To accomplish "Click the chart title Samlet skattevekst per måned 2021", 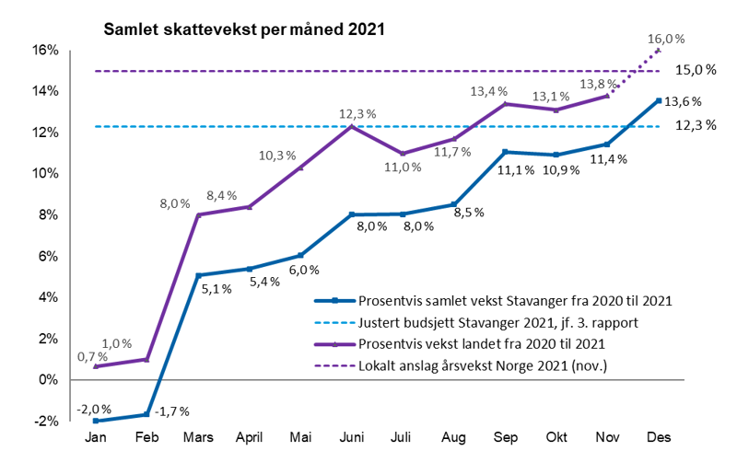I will (243, 29).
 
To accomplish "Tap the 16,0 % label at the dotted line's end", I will (667, 39).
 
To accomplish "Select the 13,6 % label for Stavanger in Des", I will (684, 102).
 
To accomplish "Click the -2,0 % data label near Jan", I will (95, 409).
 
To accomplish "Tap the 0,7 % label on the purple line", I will (91, 356).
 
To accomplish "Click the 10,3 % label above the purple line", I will (297, 156).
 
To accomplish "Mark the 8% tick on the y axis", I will (47, 215).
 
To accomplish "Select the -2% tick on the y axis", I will (46, 422).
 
